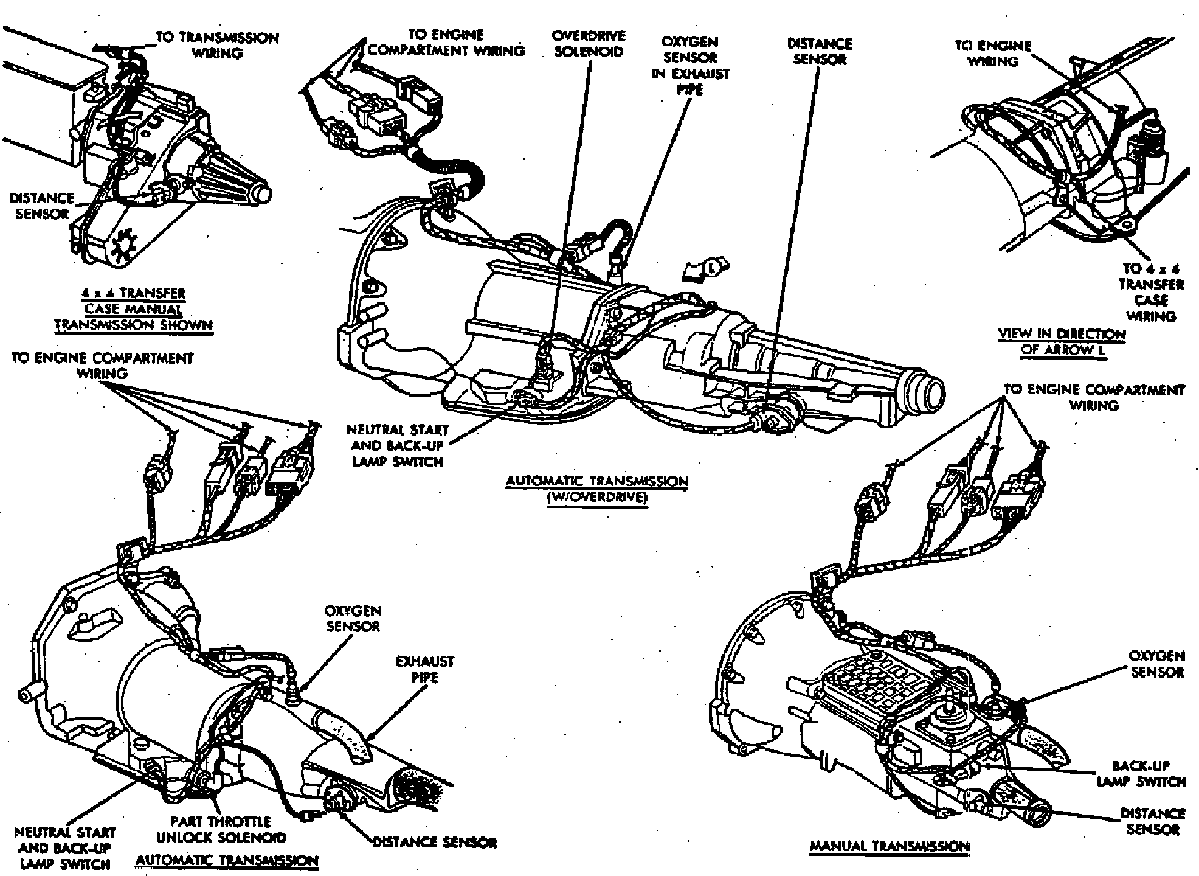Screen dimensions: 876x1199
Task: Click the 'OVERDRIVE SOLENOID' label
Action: click(587, 44)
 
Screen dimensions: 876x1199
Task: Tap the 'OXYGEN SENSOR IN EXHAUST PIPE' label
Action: click(690, 66)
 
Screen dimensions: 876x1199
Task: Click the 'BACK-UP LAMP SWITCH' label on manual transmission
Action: click(1141, 774)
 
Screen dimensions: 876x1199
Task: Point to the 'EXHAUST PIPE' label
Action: click(425, 669)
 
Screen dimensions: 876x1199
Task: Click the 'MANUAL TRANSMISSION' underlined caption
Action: click(890, 846)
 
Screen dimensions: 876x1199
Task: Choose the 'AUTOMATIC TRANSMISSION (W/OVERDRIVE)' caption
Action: click(596, 490)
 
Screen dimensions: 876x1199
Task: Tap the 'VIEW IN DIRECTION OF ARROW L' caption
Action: click(1061, 341)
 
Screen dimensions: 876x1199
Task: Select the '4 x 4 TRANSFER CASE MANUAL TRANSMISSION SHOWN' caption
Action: click(134, 309)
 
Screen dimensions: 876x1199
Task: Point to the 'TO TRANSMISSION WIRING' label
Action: click(217, 46)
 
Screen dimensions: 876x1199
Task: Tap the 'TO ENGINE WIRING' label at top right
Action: click(993, 54)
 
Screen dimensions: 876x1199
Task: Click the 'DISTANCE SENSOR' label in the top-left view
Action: click(41, 206)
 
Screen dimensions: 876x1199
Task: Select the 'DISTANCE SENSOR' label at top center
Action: click(819, 52)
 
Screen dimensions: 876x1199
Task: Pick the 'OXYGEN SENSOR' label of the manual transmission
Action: click(1156, 664)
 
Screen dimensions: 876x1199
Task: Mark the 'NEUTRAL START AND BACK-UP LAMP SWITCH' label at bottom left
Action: click(64, 847)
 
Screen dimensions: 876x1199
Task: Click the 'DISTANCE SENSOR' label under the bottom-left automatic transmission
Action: click(434, 843)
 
